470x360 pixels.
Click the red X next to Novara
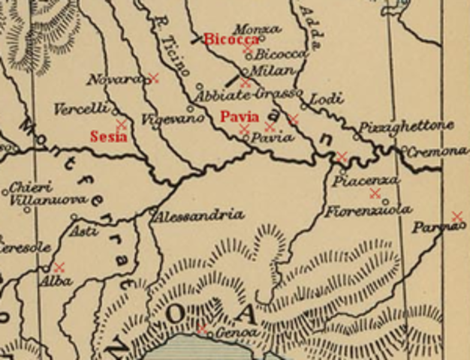pos(153,77)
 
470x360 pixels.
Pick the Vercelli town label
pos(81,109)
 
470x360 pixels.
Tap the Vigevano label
pos(165,118)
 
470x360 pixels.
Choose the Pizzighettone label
pos(406,125)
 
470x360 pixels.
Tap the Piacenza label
pos(366,181)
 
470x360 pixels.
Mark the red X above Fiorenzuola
pos(375,193)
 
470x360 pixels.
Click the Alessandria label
pos(198,215)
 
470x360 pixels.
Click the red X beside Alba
pos(59,266)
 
